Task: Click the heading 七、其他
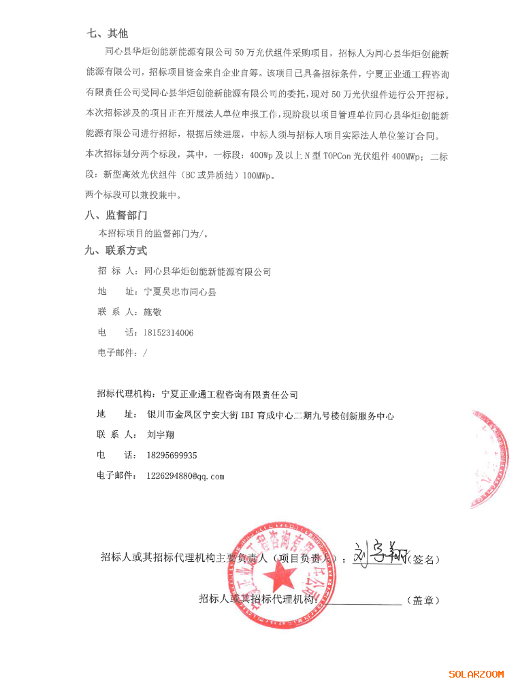point(108,33)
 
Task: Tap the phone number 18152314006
point(168,333)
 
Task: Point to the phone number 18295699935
point(172,456)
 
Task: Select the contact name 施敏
point(152,313)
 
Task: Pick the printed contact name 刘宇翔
point(160,435)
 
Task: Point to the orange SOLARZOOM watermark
point(476,674)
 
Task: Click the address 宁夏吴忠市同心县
point(180,292)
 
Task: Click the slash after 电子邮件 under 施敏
point(145,353)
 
